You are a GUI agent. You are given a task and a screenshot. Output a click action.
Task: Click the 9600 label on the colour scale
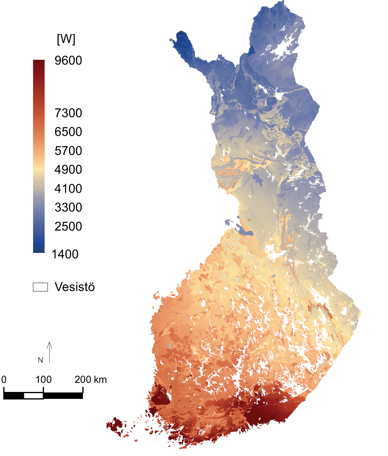(x=68, y=60)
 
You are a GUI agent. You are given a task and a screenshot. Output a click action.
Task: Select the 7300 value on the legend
(x=68, y=113)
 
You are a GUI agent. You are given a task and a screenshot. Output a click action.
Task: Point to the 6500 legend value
(x=68, y=132)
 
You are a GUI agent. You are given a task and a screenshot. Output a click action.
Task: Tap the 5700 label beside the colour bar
(x=68, y=151)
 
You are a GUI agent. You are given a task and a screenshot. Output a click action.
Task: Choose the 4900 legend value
(x=68, y=170)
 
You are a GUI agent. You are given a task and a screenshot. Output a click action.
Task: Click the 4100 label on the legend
(x=68, y=189)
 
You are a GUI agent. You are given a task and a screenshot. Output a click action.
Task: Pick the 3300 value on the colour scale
(x=68, y=207)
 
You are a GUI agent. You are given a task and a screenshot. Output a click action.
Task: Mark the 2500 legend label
(x=68, y=226)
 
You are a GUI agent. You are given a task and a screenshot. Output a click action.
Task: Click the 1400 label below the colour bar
(x=65, y=254)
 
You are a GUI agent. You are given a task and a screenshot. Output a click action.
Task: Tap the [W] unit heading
(x=66, y=39)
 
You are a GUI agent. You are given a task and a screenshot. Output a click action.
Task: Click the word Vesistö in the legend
(x=75, y=287)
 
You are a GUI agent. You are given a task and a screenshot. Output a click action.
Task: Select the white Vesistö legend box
(x=40, y=287)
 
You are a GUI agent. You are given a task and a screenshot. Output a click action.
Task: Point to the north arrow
(x=49, y=352)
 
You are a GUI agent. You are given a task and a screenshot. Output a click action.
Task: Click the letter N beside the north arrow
(x=40, y=360)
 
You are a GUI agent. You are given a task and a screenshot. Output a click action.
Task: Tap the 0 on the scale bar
(x=4, y=380)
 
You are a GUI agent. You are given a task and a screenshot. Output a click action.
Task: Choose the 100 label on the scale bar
(x=43, y=380)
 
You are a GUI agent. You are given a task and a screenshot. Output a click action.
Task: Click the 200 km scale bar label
(x=91, y=380)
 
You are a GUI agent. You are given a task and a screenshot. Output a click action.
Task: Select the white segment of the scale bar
(x=34, y=396)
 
